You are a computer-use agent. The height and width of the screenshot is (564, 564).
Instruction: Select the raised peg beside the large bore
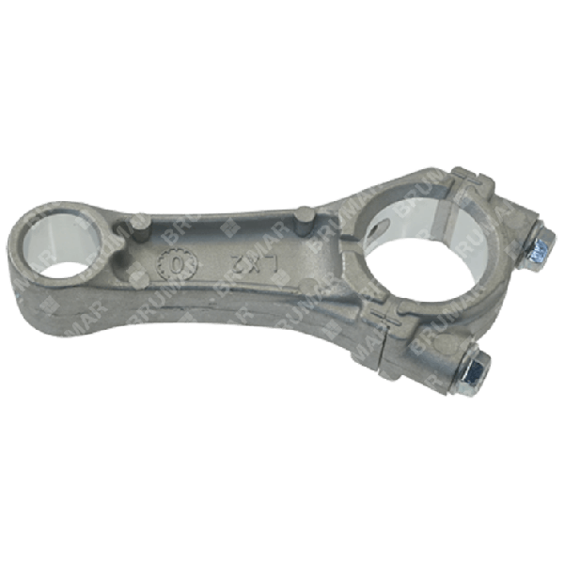pos(303,222)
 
